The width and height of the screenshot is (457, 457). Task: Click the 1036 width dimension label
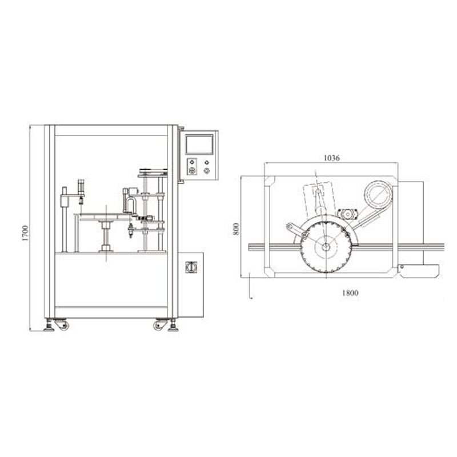coord(331,158)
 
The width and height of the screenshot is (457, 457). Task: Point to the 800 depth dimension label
coord(237,228)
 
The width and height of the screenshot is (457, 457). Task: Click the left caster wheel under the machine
coord(62,325)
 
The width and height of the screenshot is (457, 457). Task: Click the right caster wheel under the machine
coord(158,325)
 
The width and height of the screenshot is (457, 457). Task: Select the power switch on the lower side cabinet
coord(191,266)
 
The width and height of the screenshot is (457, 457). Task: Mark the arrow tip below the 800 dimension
coord(250,296)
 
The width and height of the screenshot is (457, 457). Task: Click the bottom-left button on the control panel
coord(193,170)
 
